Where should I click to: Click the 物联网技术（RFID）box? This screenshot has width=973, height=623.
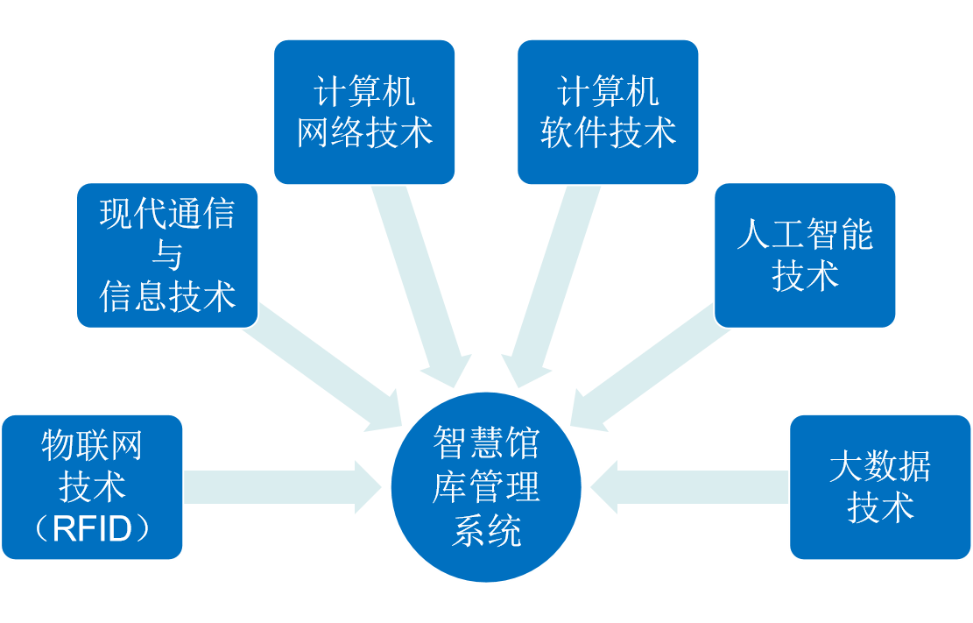(x=92, y=487)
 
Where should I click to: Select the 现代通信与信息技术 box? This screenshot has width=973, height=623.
(x=167, y=255)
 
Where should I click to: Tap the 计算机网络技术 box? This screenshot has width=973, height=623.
(x=364, y=111)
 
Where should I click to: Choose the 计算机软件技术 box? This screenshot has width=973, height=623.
(x=608, y=111)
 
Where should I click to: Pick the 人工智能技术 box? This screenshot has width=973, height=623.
(x=805, y=255)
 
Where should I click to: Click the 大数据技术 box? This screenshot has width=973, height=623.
(x=879, y=487)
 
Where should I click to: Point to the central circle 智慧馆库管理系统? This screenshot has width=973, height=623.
(x=486, y=487)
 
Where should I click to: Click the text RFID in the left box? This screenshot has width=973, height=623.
(x=92, y=529)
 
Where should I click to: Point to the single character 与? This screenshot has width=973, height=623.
(x=167, y=256)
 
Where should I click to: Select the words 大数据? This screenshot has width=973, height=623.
(x=879, y=466)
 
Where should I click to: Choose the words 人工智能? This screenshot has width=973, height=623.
(x=805, y=235)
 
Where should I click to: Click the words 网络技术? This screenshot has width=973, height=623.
(x=364, y=133)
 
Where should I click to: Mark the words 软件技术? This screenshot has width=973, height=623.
(x=608, y=133)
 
